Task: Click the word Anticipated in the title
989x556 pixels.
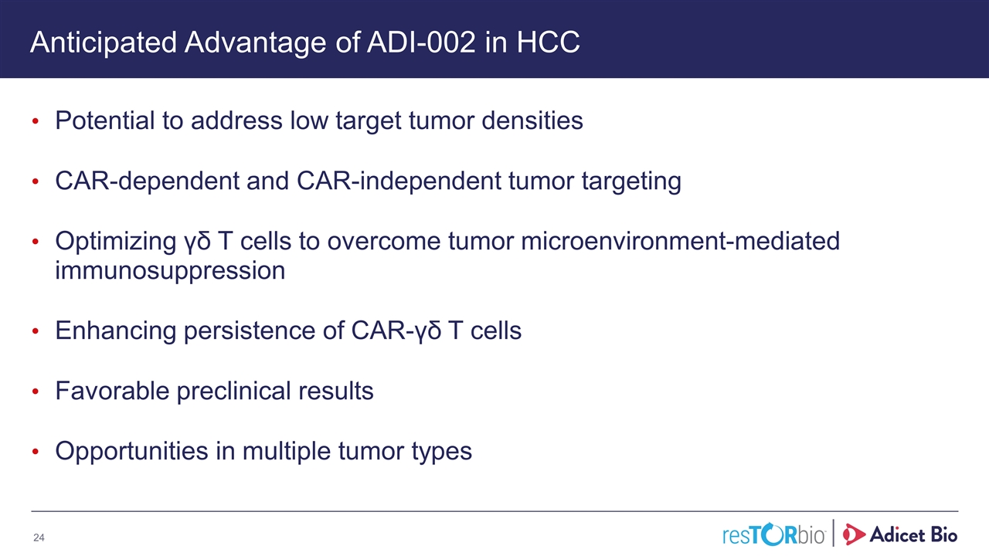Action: click(104, 43)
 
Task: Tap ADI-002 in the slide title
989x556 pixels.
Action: click(421, 42)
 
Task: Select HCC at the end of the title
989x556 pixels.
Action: click(548, 42)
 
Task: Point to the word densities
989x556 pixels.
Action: click(532, 120)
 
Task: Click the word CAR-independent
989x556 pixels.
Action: click(399, 181)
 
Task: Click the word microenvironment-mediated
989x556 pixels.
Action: click(680, 241)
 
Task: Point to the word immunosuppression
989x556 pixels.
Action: click(170, 271)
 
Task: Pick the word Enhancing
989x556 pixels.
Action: click(116, 331)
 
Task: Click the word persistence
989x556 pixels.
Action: click(264, 331)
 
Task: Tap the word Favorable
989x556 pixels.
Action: click(112, 391)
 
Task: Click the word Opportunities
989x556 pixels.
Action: click(131, 452)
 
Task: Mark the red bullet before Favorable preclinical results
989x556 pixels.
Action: click(36, 392)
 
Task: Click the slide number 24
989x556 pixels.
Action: click(39, 537)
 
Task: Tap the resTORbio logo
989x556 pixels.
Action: click(773, 534)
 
